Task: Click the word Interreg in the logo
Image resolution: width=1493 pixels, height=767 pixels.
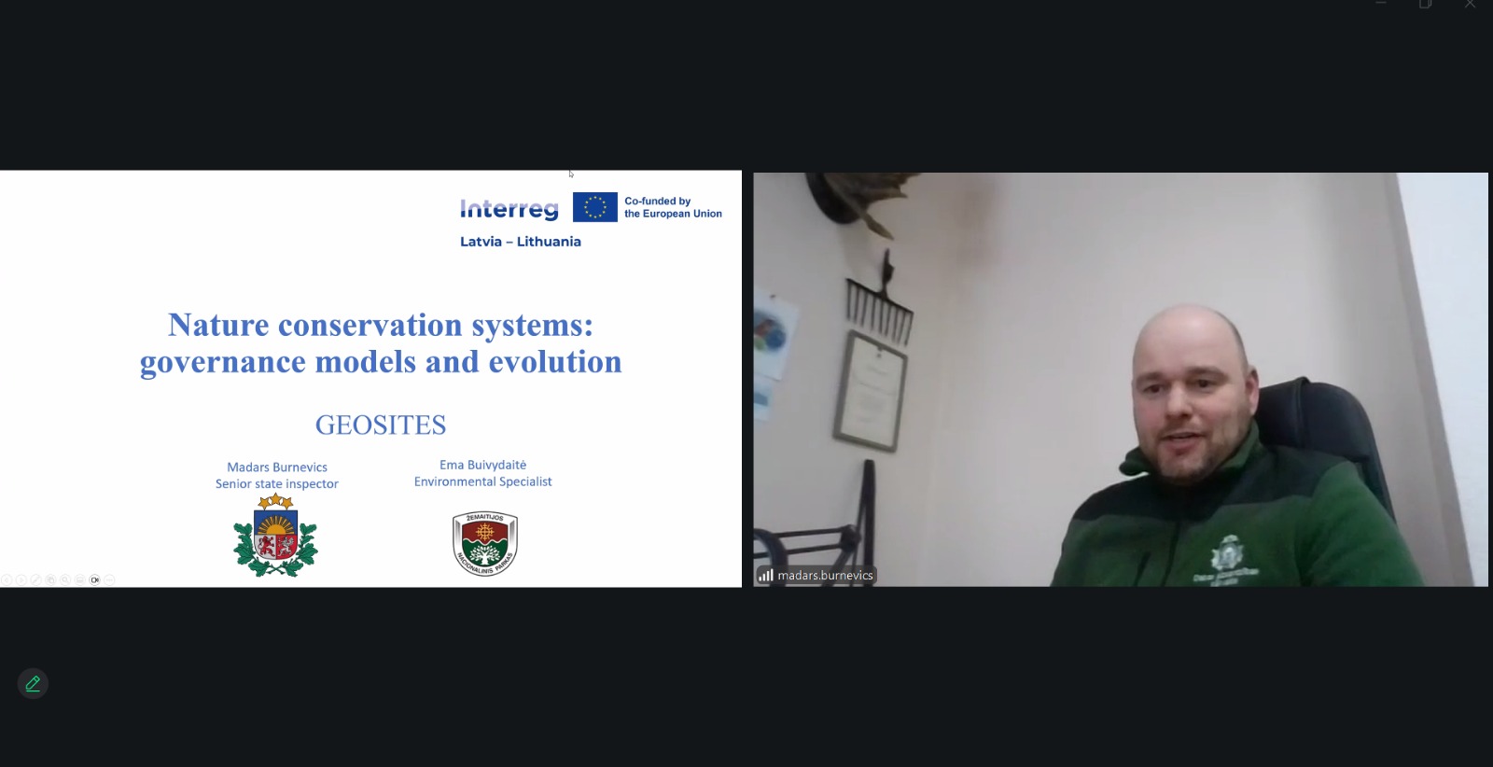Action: click(x=509, y=209)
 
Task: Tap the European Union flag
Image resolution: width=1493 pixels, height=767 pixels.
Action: click(x=595, y=207)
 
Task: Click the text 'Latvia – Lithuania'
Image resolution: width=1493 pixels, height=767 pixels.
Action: click(x=521, y=242)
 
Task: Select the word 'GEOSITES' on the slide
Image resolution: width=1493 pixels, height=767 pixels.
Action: click(x=381, y=425)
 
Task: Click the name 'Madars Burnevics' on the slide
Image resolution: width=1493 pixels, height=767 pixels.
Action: click(x=277, y=467)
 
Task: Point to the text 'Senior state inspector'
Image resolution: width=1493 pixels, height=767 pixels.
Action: click(x=276, y=483)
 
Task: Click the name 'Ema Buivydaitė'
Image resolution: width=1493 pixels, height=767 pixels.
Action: click(x=482, y=465)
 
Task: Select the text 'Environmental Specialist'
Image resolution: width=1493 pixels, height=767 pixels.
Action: click(x=482, y=481)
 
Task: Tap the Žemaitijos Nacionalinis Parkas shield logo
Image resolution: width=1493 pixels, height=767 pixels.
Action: click(x=485, y=543)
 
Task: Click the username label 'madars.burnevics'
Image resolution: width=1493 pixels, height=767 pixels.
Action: click(x=825, y=575)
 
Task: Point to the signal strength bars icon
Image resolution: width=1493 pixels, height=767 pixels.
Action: click(x=766, y=575)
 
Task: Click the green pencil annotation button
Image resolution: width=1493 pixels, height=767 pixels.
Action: click(x=33, y=684)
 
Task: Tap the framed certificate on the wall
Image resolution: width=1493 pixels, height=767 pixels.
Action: click(x=872, y=391)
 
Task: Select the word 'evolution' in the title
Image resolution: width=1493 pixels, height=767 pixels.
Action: click(x=555, y=362)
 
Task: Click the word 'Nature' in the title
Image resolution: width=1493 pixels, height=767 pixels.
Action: click(x=218, y=326)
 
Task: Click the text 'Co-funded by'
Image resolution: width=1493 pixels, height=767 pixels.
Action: click(x=657, y=201)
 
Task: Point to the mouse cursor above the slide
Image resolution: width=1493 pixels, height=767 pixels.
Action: click(x=570, y=174)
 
